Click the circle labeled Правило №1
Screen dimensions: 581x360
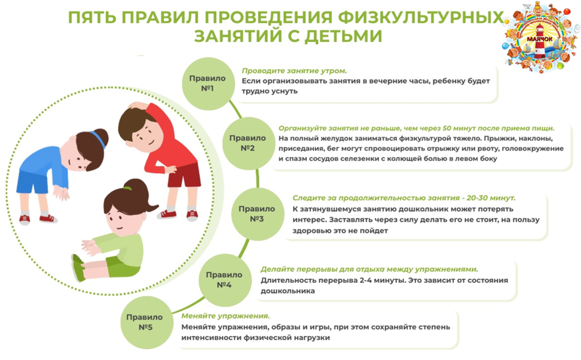click(208, 83)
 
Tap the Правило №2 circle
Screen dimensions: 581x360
click(248, 143)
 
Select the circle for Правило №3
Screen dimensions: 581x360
click(257, 214)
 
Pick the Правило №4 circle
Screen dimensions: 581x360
click(225, 280)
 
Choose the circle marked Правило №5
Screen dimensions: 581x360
click(146, 322)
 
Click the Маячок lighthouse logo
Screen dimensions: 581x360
click(541, 36)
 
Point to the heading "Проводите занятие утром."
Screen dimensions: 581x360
click(294, 70)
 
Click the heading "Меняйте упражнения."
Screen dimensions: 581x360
click(225, 316)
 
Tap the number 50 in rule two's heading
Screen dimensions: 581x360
click(447, 128)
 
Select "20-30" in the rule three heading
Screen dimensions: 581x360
click(482, 198)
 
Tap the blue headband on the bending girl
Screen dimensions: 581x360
click(98, 139)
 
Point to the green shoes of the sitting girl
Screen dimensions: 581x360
click(78, 267)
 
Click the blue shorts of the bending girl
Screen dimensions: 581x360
click(32, 181)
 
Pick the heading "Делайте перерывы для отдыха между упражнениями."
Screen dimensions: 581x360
click(369, 269)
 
